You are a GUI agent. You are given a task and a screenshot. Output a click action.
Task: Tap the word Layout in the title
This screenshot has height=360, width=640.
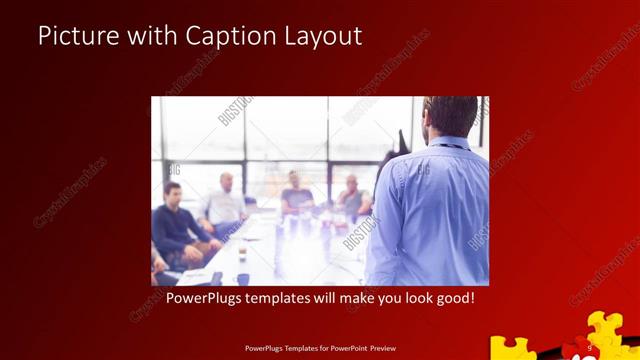point(323,36)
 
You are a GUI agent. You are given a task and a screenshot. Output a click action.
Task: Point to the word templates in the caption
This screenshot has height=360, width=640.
point(296,299)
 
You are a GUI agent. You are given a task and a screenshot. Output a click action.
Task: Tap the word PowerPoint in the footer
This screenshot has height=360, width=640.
point(351,350)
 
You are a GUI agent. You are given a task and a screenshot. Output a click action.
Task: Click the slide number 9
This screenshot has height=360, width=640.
point(590,347)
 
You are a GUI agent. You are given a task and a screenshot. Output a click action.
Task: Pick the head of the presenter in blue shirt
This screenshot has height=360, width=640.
point(449,118)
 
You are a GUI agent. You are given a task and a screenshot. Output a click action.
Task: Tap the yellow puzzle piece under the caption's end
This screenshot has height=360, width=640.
point(514,349)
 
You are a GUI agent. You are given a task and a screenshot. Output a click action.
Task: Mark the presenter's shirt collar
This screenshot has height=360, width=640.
point(449,142)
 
